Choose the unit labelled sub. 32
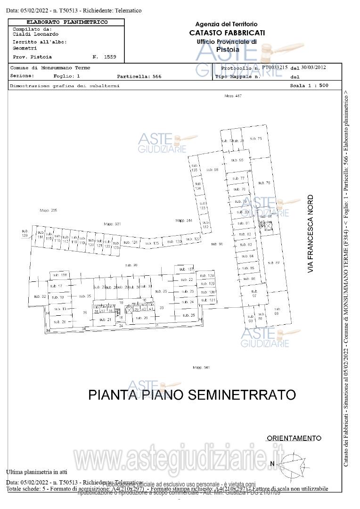[40, 296]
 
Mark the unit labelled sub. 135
[194, 168]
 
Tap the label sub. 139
[25, 233]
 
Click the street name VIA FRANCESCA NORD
[310, 234]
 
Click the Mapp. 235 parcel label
[48, 210]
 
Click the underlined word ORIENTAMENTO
[294, 438]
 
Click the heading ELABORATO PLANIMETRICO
[66, 22]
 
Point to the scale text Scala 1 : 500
[309, 86]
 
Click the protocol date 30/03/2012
[314, 67]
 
